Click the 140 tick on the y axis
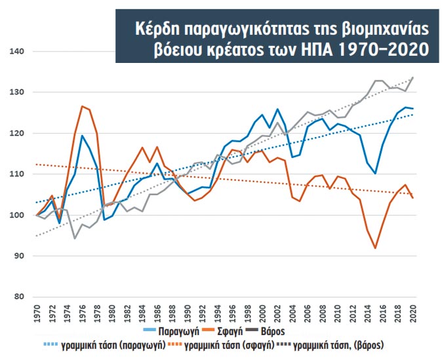click(x=14, y=52)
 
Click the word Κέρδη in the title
click(x=154, y=28)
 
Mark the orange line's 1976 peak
click(x=82, y=106)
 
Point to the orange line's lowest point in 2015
click(x=375, y=248)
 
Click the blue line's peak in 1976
click(x=82, y=136)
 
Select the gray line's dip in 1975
click(x=75, y=238)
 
